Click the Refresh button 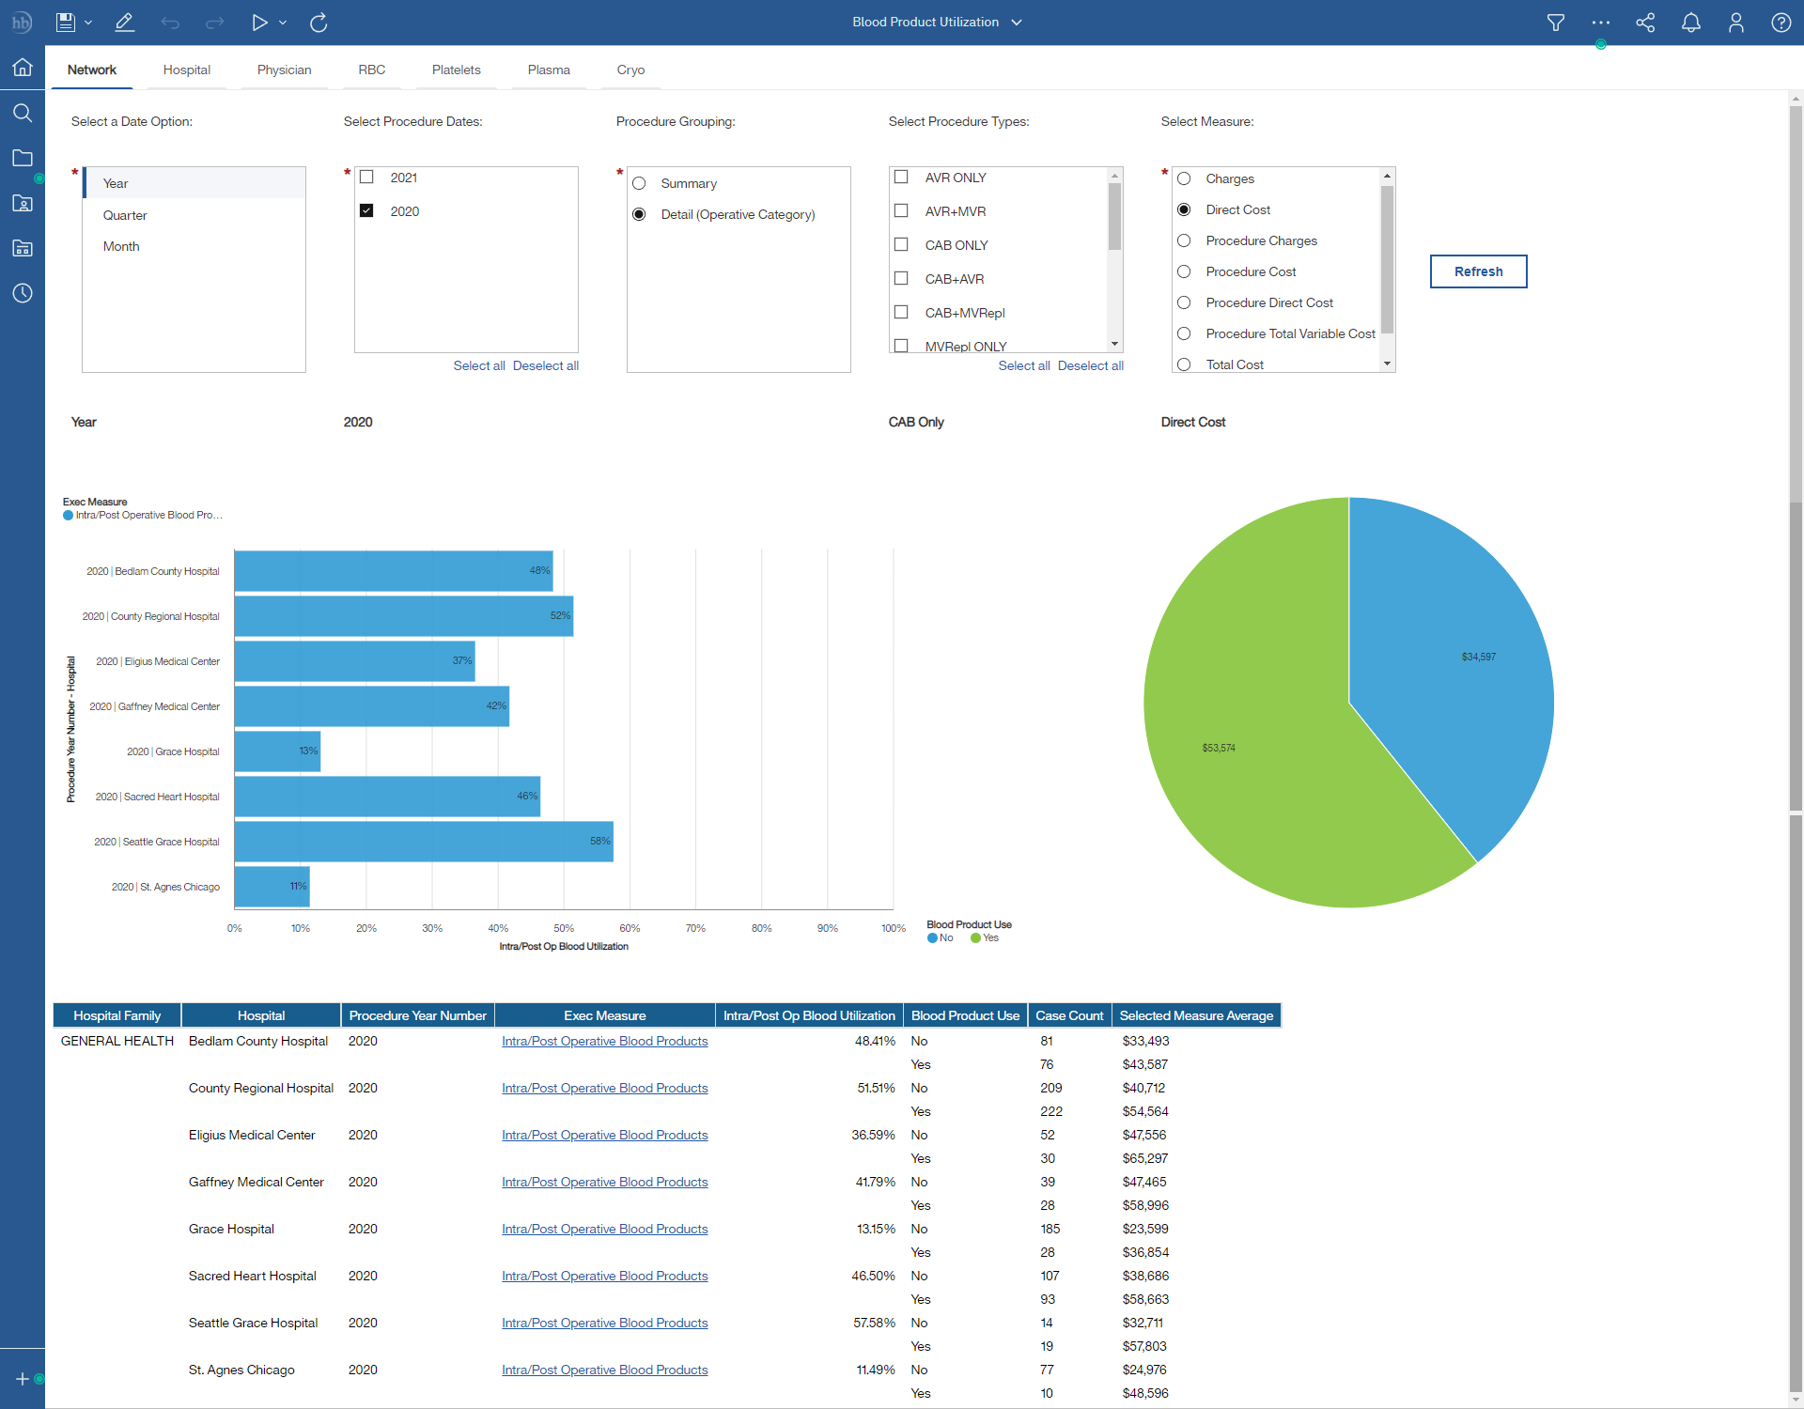coord(1478,271)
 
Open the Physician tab coord(284,70)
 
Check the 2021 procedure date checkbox coord(367,178)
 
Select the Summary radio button coord(639,183)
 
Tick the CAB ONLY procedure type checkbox coord(901,245)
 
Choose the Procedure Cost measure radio coord(1184,271)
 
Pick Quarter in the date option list coord(125,215)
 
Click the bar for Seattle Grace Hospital coord(423,842)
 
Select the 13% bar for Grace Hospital coord(277,751)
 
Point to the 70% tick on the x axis coord(695,928)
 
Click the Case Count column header coord(1069,1015)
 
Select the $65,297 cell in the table coord(1145,1158)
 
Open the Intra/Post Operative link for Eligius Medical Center coord(604,1135)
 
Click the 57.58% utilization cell coord(874,1323)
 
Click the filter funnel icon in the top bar coord(1556,23)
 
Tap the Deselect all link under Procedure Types coord(1090,365)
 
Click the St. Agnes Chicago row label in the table coord(241,1370)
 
